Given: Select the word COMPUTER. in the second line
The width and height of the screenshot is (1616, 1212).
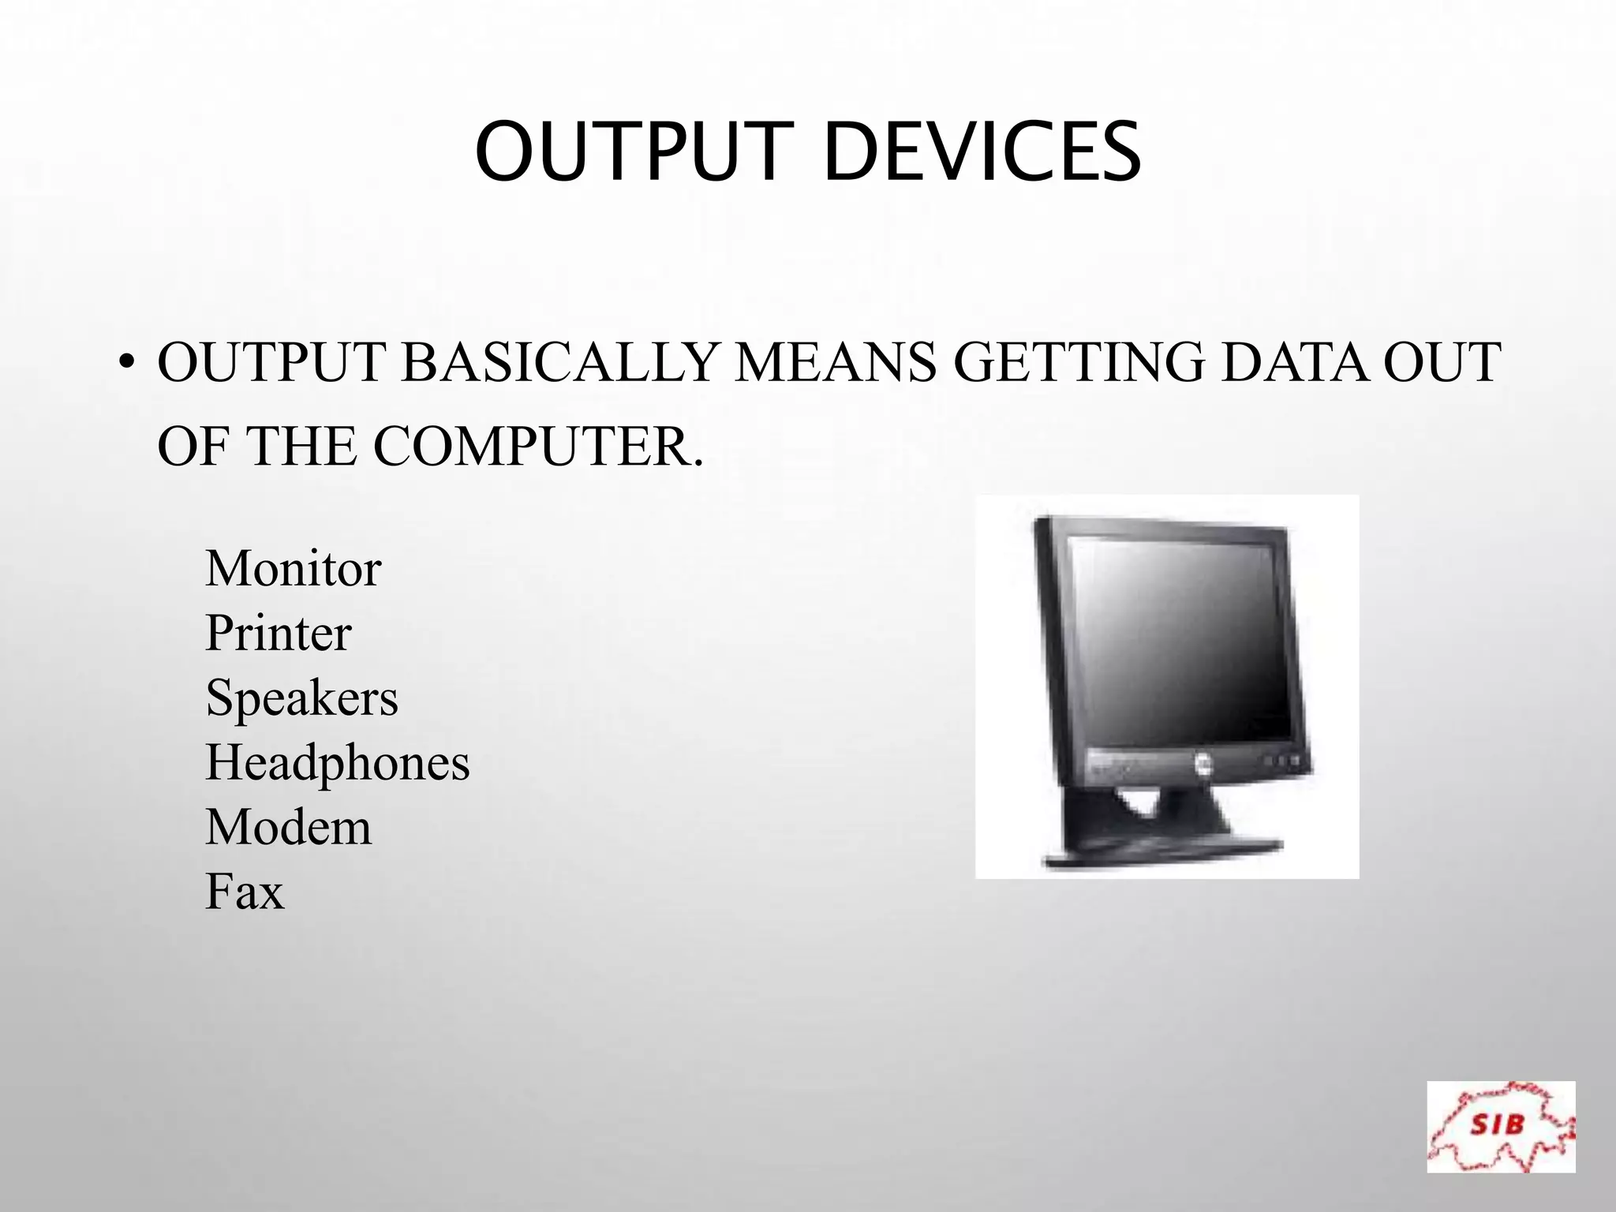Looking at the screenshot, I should coord(537,447).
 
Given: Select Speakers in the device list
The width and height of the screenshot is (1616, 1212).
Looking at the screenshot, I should coord(301,698).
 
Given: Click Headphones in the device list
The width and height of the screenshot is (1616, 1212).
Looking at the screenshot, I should coord(337,763).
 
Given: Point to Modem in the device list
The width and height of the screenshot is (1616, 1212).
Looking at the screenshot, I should coord(288,828).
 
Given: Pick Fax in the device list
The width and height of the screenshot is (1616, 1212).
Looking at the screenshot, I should coord(244,892).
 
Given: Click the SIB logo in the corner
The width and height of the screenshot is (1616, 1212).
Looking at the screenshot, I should coord(1500,1126).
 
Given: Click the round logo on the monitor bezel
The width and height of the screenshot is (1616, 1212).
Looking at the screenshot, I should coord(1202,763).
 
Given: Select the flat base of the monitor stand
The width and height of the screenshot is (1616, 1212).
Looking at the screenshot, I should coord(1160,855).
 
